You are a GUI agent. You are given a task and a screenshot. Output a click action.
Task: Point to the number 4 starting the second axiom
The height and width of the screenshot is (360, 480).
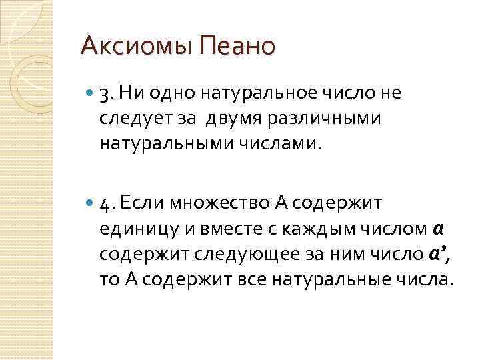(104, 203)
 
